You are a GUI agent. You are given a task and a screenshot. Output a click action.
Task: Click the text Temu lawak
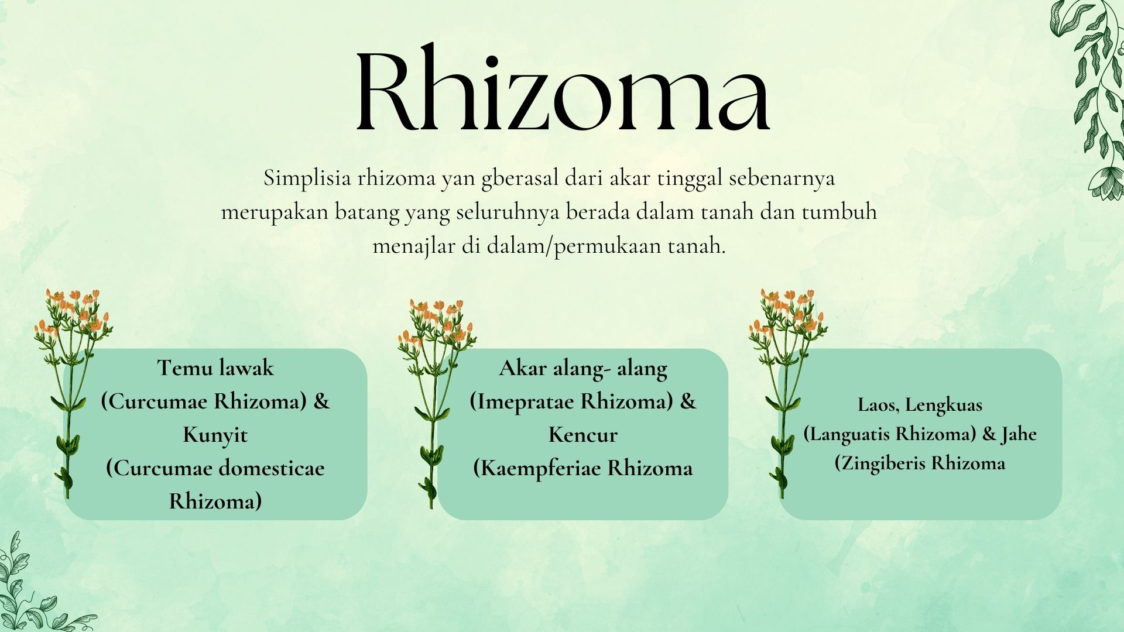point(215,367)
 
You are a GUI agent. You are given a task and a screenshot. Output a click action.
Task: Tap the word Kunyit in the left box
point(215,435)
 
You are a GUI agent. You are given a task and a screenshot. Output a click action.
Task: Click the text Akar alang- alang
point(583,368)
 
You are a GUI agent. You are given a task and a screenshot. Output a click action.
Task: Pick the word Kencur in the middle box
point(583,435)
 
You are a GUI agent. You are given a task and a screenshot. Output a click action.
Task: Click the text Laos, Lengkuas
point(920,404)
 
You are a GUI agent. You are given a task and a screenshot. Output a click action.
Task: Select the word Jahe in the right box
point(1019,434)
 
